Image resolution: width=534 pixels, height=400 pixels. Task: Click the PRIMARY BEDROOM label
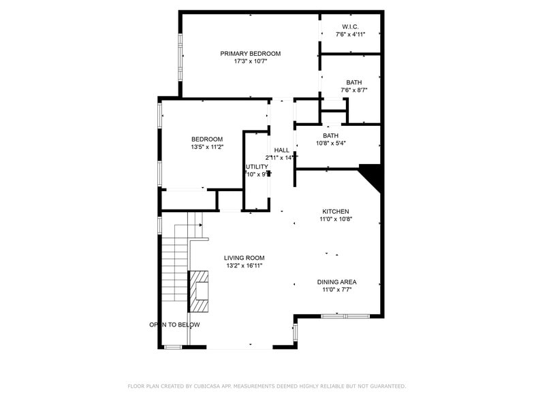tap(250, 53)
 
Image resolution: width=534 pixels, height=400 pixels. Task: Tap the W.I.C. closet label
tap(350, 26)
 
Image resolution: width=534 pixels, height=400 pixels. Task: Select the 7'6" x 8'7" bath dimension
tap(354, 90)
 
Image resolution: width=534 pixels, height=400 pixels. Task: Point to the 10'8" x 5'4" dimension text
tap(331, 144)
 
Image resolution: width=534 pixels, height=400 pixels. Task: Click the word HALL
tap(281, 150)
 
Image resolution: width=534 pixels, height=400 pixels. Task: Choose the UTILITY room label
tap(257, 166)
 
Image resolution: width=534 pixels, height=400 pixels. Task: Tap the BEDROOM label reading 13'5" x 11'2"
tap(207, 139)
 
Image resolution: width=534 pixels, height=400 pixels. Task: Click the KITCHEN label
tap(336, 212)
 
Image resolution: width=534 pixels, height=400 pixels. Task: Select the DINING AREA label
tap(336, 282)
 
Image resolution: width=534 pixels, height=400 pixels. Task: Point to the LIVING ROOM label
tap(244, 258)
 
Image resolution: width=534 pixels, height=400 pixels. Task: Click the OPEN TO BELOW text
tap(175, 324)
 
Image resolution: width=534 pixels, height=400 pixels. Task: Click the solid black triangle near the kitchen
tap(372, 177)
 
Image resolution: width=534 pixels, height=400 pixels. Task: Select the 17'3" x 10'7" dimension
tap(250, 61)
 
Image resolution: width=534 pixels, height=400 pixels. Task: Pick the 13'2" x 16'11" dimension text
tap(244, 265)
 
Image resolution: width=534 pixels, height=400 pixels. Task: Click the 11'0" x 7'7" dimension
tap(336, 290)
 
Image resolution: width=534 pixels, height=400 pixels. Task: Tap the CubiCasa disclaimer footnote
tap(266, 386)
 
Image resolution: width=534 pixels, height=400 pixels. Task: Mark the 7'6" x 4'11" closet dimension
tap(350, 34)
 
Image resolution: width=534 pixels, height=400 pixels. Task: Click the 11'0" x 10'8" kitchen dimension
tap(336, 219)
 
